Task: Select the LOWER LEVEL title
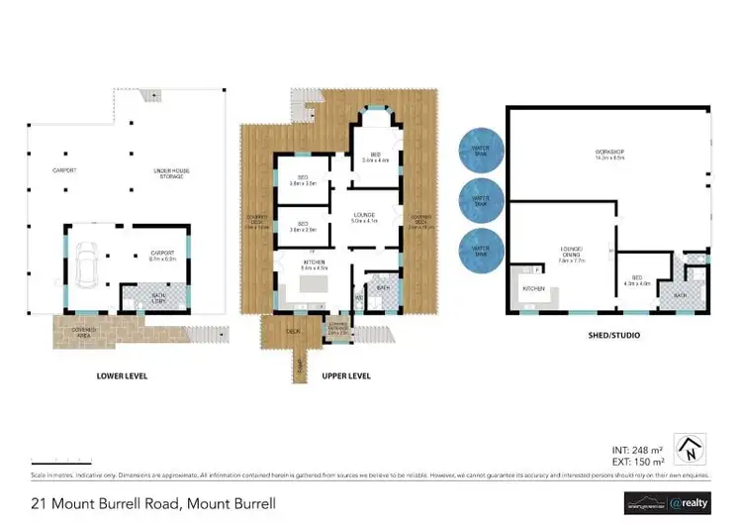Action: click(x=122, y=375)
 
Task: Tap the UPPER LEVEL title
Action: click(x=346, y=375)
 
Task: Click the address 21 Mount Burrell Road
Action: click(x=153, y=503)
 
